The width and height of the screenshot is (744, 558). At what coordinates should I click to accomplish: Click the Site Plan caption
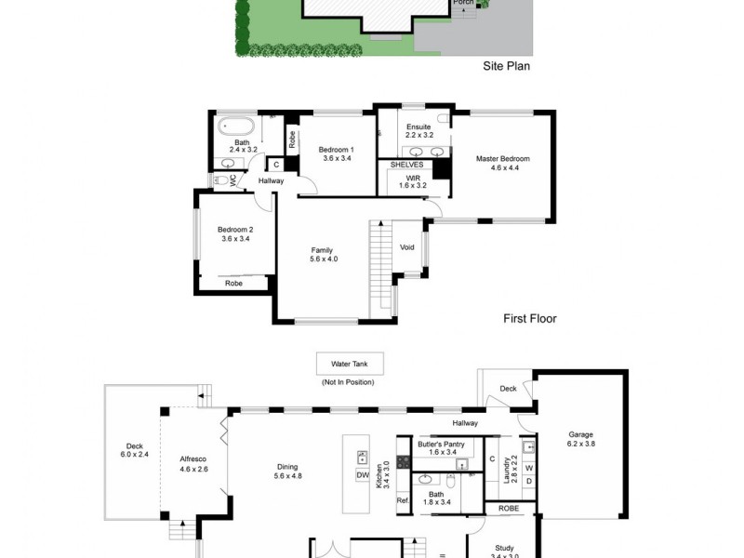point(506,66)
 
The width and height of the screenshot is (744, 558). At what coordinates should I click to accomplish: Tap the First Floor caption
point(530,318)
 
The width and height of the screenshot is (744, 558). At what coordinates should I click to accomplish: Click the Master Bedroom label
point(502,164)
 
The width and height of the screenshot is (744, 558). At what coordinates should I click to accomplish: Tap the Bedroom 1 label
point(336,153)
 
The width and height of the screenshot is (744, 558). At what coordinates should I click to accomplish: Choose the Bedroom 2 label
point(235,234)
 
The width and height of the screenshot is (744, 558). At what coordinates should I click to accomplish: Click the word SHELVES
point(406,165)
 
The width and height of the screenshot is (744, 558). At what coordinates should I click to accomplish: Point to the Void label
point(407,247)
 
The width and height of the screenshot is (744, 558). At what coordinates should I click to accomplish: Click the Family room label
point(322,254)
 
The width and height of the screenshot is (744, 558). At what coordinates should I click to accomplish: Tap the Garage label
point(581,440)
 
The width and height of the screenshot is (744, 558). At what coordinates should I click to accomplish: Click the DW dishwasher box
point(363,475)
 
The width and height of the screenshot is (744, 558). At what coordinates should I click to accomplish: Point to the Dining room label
point(288,471)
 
